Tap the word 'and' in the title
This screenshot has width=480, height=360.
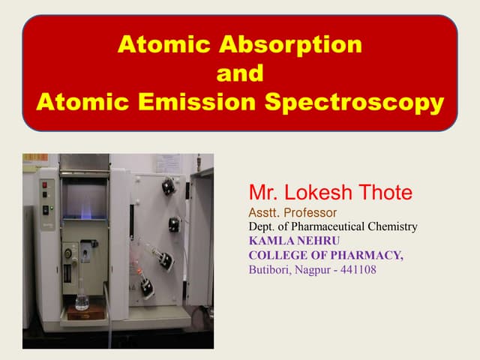pos(239,73)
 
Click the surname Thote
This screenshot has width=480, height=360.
pos(385,193)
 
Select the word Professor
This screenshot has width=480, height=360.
pos(310,213)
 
